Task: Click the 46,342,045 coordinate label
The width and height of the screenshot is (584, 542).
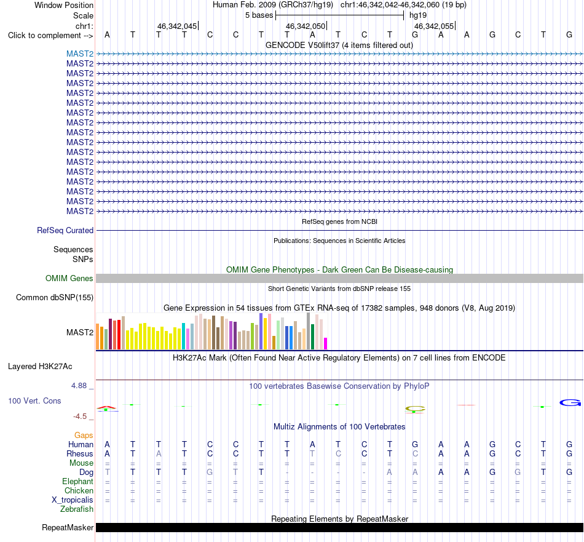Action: click(177, 26)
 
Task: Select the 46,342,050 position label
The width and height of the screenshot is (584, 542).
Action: click(306, 26)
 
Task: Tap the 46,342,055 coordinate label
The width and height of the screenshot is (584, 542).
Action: click(434, 26)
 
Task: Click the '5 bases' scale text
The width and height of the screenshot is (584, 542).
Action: click(259, 15)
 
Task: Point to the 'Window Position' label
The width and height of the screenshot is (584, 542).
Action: click(64, 5)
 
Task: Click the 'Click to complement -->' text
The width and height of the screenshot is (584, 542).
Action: click(50, 36)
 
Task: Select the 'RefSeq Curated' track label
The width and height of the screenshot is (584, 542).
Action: click(65, 230)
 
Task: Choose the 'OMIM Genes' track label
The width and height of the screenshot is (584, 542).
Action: click(69, 279)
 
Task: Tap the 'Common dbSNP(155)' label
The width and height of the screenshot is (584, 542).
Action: click(55, 298)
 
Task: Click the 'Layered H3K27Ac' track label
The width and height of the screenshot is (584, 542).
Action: click(40, 367)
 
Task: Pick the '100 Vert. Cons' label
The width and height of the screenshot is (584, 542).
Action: click(34, 401)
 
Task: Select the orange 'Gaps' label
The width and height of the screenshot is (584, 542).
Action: click(84, 436)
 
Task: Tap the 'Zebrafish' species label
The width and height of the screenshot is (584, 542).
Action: click(77, 509)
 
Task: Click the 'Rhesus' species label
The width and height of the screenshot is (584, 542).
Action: click(80, 453)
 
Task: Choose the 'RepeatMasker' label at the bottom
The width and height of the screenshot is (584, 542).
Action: click(68, 527)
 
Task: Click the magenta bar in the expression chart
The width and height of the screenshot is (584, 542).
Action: click(326, 343)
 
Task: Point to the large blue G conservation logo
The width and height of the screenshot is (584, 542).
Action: click(570, 402)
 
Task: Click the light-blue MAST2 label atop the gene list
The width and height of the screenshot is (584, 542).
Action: click(80, 54)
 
